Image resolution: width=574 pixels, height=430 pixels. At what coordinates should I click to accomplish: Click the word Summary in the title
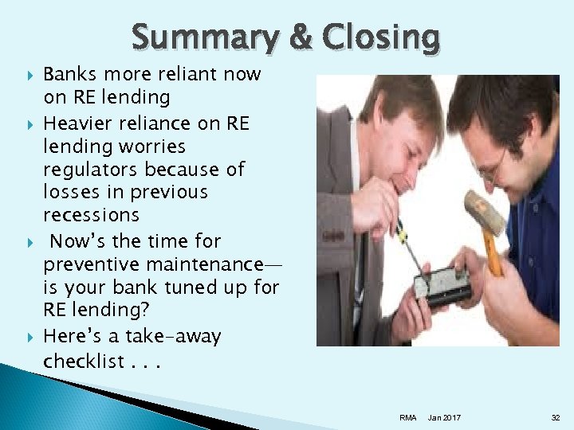(x=203, y=37)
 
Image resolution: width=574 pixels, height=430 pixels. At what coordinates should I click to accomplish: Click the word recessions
(x=91, y=215)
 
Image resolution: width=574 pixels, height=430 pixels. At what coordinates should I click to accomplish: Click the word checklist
(x=82, y=361)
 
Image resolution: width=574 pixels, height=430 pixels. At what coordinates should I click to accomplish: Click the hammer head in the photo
(x=485, y=211)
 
